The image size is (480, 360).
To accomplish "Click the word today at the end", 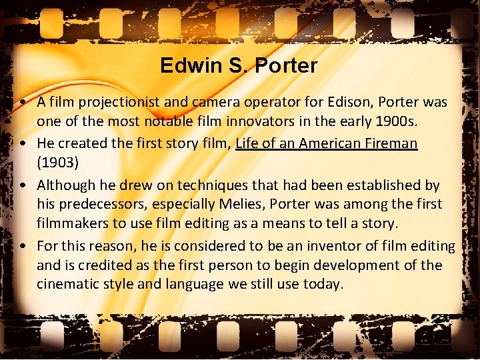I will tap(325, 285).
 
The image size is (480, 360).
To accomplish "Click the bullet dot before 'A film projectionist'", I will tap(23, 103).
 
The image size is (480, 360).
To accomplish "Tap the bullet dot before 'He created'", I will tap(23, 143).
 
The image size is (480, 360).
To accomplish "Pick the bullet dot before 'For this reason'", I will tap(23, 246).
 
